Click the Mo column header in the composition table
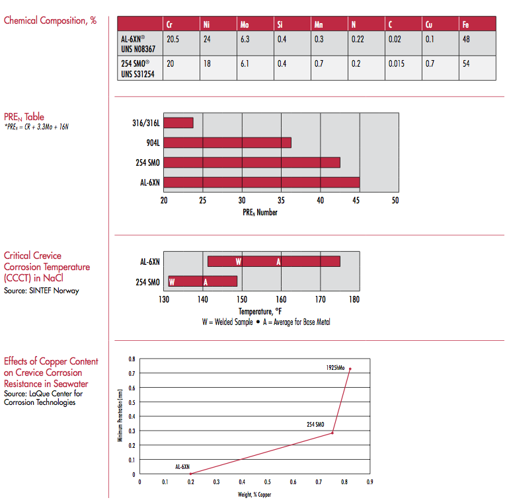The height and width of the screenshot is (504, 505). (245, 25)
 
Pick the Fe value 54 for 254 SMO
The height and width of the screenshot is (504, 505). (466, 64)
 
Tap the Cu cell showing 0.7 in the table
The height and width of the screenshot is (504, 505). (431, 64)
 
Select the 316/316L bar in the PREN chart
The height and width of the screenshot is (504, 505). (178, 123)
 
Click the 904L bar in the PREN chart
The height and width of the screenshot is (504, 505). (227, 143)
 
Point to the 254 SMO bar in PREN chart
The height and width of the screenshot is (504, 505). (252, 162)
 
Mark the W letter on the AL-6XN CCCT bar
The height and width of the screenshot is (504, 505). (239, 262)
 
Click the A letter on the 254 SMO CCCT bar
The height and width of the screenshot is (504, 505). (206, 282)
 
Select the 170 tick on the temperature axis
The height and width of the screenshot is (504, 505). (320, 299)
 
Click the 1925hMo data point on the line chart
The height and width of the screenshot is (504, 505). (350, 369)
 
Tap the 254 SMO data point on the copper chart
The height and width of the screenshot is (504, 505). (332, 433)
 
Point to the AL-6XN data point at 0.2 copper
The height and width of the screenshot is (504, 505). (190, 474)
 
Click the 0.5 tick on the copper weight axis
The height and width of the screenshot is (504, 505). (267, 482)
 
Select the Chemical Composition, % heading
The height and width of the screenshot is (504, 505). (50, 20)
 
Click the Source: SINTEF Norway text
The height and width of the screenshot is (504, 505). (41, 291)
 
